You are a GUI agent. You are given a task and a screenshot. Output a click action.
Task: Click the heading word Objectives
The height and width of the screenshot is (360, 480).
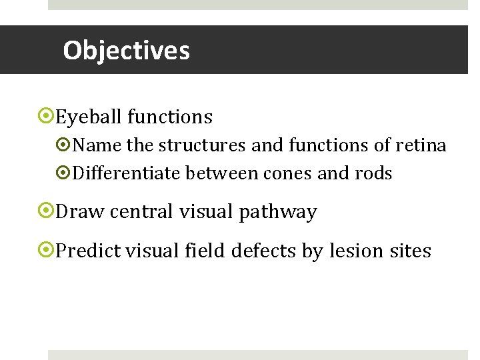[x=126, y=51]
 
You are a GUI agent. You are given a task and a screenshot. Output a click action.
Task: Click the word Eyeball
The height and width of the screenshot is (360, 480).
[x=89, y=117]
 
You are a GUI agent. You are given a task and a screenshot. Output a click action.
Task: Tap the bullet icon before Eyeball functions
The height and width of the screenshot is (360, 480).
[x=46, y=117]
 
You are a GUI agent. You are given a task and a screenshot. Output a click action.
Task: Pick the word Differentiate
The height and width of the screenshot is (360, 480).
[x=127, y=174]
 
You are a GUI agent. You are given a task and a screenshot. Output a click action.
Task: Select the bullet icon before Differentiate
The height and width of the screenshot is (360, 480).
[x=65, y=174]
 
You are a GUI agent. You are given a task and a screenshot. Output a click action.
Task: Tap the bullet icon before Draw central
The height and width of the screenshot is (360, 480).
[x=46, y=212]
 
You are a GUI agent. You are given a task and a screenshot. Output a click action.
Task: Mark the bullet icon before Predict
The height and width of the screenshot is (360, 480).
[x=46, y=251]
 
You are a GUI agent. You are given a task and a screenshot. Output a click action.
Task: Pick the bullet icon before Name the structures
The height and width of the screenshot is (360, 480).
[x=65, y=145]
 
